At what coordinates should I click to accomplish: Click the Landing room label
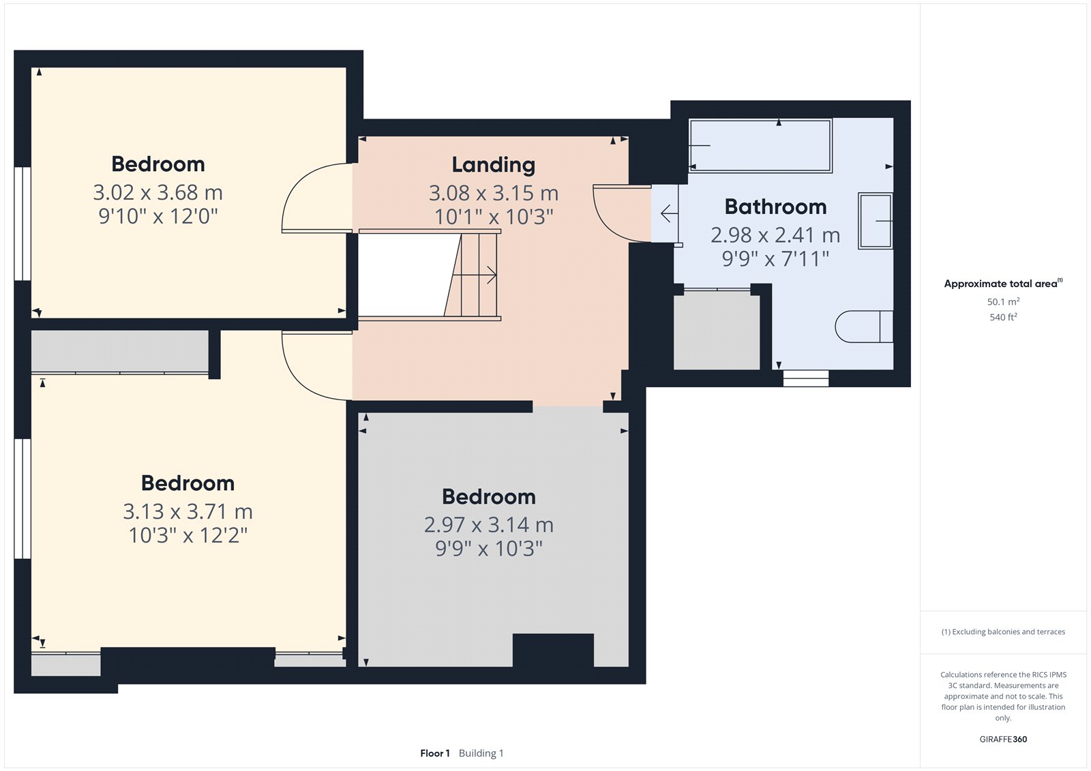[x=494, y=164]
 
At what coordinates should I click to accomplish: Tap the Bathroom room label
[x=775, y=207]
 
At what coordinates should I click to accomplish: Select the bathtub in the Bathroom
[x=760, y=146]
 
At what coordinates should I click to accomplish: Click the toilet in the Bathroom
[x=863, y=327]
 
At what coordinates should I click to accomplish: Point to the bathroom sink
[x=876, y=221]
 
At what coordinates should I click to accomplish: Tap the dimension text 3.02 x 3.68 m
[x=158, y=192]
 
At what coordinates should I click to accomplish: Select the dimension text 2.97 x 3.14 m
[x=488, y=524]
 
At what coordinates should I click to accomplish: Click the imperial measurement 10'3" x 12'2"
[x=188, y=535]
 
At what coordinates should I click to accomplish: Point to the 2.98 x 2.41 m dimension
[x=775, y=235]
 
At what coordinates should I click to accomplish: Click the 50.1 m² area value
[x=1003, y=301]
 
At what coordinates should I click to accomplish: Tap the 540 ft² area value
[x=1003, y=317]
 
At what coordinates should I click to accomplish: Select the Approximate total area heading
[x=1003, y=284]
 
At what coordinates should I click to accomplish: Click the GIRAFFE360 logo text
[x=1003, y=739]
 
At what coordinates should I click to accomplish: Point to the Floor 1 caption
[x=434, y=753]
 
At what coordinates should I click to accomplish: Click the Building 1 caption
[x=481, y=753]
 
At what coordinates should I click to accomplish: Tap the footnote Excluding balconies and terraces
[x=1003, y=632]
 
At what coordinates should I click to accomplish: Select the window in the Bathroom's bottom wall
[x=805, y=378]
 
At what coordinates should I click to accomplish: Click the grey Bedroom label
[x=488, y=497]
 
